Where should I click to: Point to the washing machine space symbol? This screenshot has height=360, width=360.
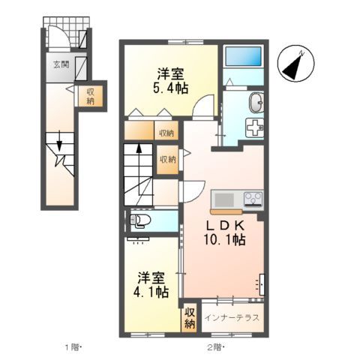tap(256, 127)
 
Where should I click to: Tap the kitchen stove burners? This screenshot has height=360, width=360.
tap(252, 199)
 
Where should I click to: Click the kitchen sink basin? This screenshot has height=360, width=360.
tap(224, 199)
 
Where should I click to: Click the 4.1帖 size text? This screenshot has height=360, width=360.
tap(152, 291)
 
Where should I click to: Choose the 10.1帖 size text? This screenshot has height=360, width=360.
tap(223, 241)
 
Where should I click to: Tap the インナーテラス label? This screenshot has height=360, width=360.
tap(232, 317)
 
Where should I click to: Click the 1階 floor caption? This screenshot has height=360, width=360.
tap(72, 347)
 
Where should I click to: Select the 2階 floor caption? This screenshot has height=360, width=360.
tap(214, 347)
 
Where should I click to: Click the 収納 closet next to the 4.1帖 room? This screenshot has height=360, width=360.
tap(190, 317)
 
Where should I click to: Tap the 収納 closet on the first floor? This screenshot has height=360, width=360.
tap(91, 96)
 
